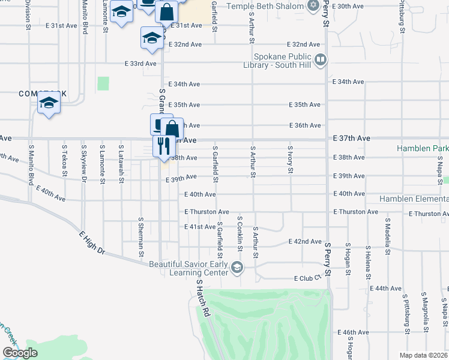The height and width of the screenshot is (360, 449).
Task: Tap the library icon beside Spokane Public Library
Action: click(321, 59)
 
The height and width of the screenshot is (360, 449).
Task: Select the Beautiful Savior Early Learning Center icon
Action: click(237, 268)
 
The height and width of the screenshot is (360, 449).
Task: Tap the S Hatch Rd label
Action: click(204, 298)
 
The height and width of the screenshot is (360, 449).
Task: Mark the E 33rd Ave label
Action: click(140, 64)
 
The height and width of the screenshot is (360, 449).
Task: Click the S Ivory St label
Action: click(290, 159)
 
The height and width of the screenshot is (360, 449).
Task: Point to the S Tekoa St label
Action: click(64, 160)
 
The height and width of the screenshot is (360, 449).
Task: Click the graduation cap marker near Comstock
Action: click(49, 103)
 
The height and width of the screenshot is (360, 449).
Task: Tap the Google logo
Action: click(20, 353)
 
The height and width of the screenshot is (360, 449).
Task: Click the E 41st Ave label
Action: click(200, 227)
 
